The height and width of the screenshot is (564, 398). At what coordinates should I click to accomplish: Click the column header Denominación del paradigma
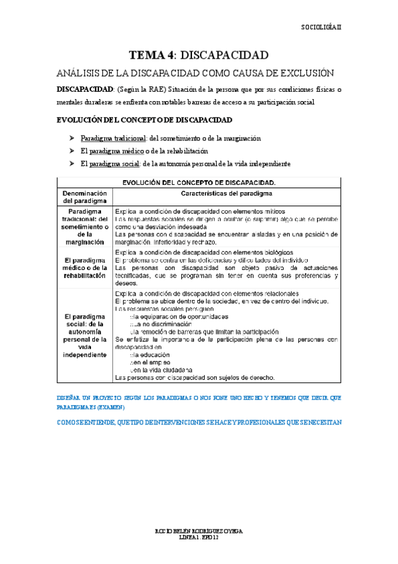84,196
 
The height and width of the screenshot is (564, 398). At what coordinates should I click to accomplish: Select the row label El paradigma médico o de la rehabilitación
84,267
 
